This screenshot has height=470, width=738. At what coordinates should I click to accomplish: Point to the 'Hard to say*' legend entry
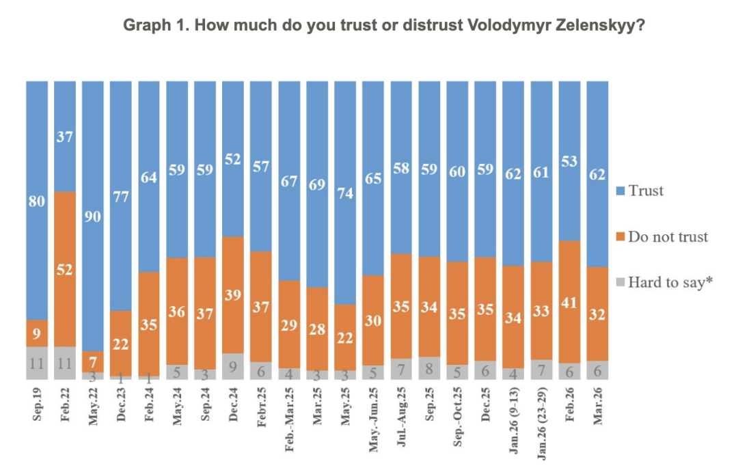pos(670,281)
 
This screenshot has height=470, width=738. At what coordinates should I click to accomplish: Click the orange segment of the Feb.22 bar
pos(65,269)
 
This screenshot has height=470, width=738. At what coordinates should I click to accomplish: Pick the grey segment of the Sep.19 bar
pos(37,363)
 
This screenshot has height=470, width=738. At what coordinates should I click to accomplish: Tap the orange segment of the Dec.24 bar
pos(233,295)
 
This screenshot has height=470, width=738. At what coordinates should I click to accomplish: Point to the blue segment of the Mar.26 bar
pos(597,174)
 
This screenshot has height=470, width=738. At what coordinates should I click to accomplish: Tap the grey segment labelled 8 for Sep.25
pos(429,368)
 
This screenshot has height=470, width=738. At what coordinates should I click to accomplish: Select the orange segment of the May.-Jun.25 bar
pos(373,320)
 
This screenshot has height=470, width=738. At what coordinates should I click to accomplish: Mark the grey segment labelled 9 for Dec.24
pos(233,366)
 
